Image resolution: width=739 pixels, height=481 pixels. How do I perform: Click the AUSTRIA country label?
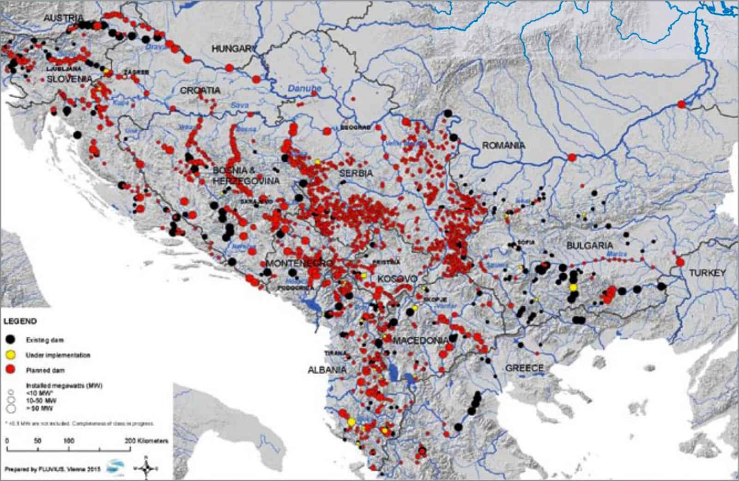point(64,18)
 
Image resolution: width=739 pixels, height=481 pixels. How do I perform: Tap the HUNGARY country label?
point(234,49)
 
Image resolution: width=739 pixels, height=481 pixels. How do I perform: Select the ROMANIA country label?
point(503,145)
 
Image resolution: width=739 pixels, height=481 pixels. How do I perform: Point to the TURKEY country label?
point(707,273)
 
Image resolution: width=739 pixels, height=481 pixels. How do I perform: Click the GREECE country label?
point(524,368)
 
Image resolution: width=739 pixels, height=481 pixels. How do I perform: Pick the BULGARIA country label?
point(590,245)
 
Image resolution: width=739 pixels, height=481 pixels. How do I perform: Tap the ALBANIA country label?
point(327,370)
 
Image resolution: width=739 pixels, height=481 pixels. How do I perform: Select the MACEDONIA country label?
point(420,340)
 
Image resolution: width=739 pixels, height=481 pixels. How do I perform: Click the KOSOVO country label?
point(397,279)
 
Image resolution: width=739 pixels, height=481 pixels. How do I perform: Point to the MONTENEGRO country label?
point(299,263)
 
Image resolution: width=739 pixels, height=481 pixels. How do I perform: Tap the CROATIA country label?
point(200,91)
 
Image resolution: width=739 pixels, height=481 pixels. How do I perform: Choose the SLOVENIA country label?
point(69,79)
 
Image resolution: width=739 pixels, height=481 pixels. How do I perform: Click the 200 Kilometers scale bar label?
point(147,441)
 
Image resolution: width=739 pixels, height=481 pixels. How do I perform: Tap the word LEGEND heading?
point(20,321)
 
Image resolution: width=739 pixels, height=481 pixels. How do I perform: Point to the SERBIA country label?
point(356,173)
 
